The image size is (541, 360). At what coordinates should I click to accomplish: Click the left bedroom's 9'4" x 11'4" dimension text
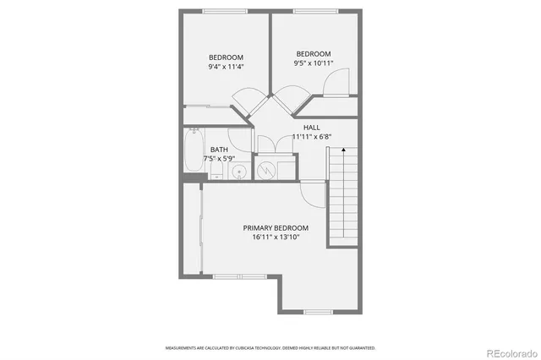(226, 67)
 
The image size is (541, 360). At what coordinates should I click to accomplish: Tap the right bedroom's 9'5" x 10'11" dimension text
(312, 63)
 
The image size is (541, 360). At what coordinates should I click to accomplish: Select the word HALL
(312, 127)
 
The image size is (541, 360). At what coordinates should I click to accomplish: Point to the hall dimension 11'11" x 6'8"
(312, 136)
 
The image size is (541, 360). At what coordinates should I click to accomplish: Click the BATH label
(219, 150)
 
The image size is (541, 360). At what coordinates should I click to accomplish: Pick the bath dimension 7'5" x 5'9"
(219, 159)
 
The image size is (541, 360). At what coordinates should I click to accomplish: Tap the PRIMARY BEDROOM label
(276, 228)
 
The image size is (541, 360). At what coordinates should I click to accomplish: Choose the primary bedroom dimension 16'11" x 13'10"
(276, 237)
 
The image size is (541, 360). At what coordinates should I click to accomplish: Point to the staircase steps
(343, 194)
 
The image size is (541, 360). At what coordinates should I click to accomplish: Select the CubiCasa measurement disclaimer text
(270, 347)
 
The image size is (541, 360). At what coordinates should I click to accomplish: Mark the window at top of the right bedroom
(314, 11)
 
